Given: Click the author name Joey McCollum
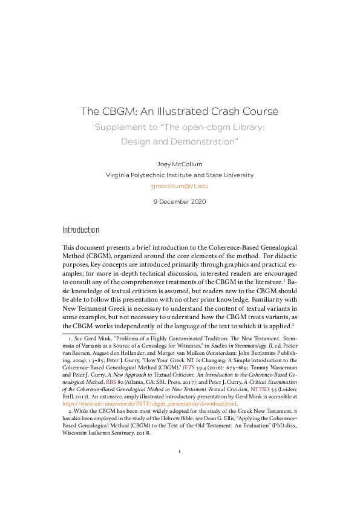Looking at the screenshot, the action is coord(179,164).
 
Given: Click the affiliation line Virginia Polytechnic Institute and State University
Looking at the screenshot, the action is coord(179,175).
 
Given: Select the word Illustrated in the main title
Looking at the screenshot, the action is coord(163,112).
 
